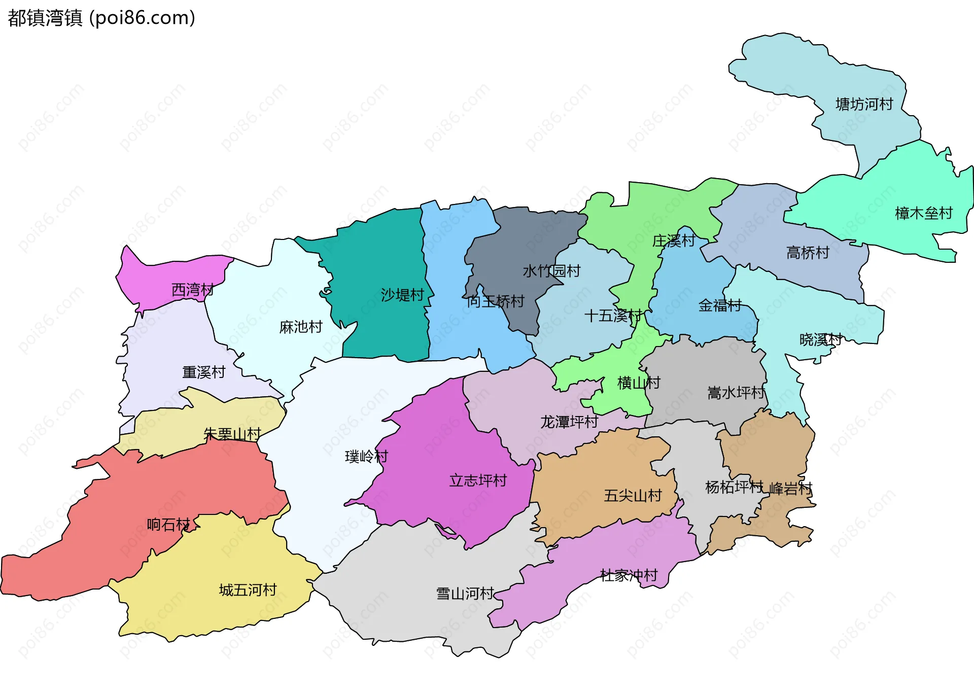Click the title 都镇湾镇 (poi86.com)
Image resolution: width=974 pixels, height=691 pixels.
pos(101,18)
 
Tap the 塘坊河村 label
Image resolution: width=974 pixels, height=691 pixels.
pos(864,105)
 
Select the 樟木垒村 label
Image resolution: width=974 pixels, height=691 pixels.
pos(923,213)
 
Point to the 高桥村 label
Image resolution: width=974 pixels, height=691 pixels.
pos(808,252)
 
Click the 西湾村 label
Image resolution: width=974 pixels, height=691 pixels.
pos(192,290)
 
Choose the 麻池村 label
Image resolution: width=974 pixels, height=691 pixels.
pos(301,327)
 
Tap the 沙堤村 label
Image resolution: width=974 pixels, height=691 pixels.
pos(402,295)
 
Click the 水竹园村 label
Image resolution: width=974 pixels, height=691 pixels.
pos(551,271)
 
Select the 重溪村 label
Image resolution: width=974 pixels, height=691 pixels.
pos(203,372)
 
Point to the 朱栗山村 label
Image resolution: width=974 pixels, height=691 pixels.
pos(232,434)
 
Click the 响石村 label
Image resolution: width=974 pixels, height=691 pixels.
pos(168,524)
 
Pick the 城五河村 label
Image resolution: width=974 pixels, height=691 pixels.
pos(248,590)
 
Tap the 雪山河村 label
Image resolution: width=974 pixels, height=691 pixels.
pos(465,594)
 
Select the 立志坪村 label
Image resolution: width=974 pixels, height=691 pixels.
pos(478,480)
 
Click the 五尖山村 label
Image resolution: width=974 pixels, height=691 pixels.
pos(633,495)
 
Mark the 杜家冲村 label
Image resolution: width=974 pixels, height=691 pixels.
pos(629,575)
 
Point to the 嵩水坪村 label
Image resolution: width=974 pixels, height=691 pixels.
pos(736,393)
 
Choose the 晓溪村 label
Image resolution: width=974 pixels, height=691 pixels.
pos(820,339)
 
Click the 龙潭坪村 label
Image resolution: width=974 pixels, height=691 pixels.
pos(569,422)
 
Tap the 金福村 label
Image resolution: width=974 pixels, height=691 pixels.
pos(720,305)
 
